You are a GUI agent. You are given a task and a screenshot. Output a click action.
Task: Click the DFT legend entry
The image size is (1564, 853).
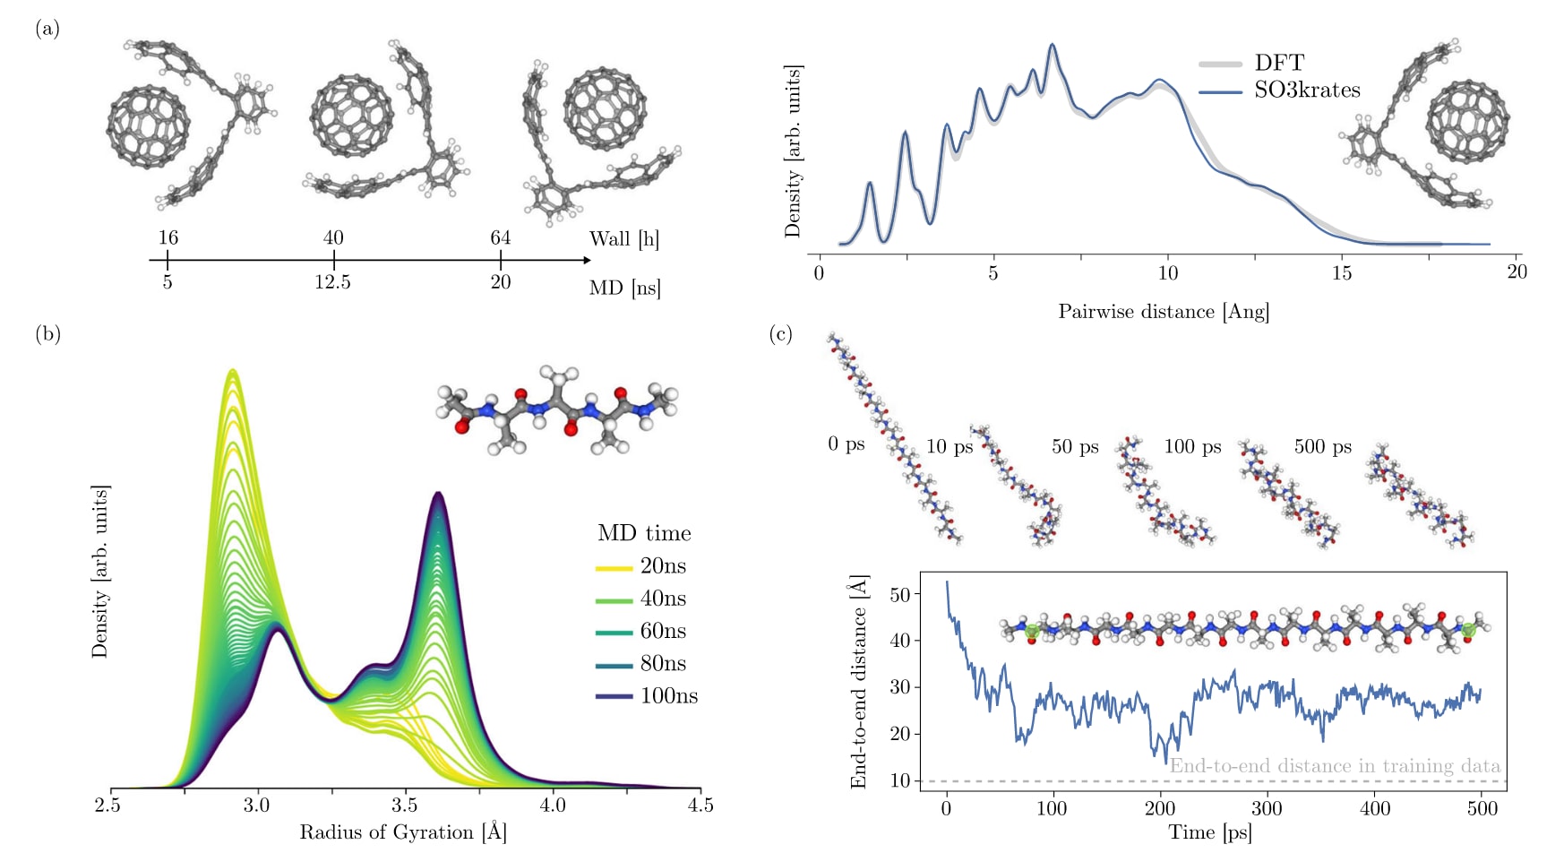coord(1278,63)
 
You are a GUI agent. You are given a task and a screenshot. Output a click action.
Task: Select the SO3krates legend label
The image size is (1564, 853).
coord(1307,90)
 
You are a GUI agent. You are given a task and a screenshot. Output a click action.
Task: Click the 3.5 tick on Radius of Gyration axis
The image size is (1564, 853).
coord(405,805)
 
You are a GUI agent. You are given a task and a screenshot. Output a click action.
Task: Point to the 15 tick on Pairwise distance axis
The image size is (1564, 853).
coord(1341,272)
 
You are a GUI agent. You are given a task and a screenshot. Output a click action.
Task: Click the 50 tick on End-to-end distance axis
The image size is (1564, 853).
coord(900,595)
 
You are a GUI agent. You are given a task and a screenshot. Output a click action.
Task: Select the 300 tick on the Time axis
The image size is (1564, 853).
coord(1267,808)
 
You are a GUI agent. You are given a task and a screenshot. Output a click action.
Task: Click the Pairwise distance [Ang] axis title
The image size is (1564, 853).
coord(1164,312)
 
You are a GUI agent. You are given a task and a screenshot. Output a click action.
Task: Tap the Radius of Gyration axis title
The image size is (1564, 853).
coord(403,832)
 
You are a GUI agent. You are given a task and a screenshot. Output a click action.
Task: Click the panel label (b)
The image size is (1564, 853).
coord(47,334)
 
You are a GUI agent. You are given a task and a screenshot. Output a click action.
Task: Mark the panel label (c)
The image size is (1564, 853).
coord(780,334)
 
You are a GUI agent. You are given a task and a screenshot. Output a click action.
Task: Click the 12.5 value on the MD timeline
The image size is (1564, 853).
coord(332,282)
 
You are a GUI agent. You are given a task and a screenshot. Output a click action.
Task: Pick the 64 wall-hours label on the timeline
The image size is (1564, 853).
coord(500,237)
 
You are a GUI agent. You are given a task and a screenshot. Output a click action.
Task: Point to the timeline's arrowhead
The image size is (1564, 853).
coord(587,260)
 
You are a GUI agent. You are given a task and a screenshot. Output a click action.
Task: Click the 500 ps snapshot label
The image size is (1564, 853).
coord(1322,446)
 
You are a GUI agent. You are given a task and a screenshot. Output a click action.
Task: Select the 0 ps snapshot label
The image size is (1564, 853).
coord(846,444)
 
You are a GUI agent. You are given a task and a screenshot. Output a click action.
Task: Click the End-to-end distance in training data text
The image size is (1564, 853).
coord(1335,766)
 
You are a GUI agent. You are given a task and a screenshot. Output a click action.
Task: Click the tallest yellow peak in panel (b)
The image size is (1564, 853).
coord(233,371)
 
